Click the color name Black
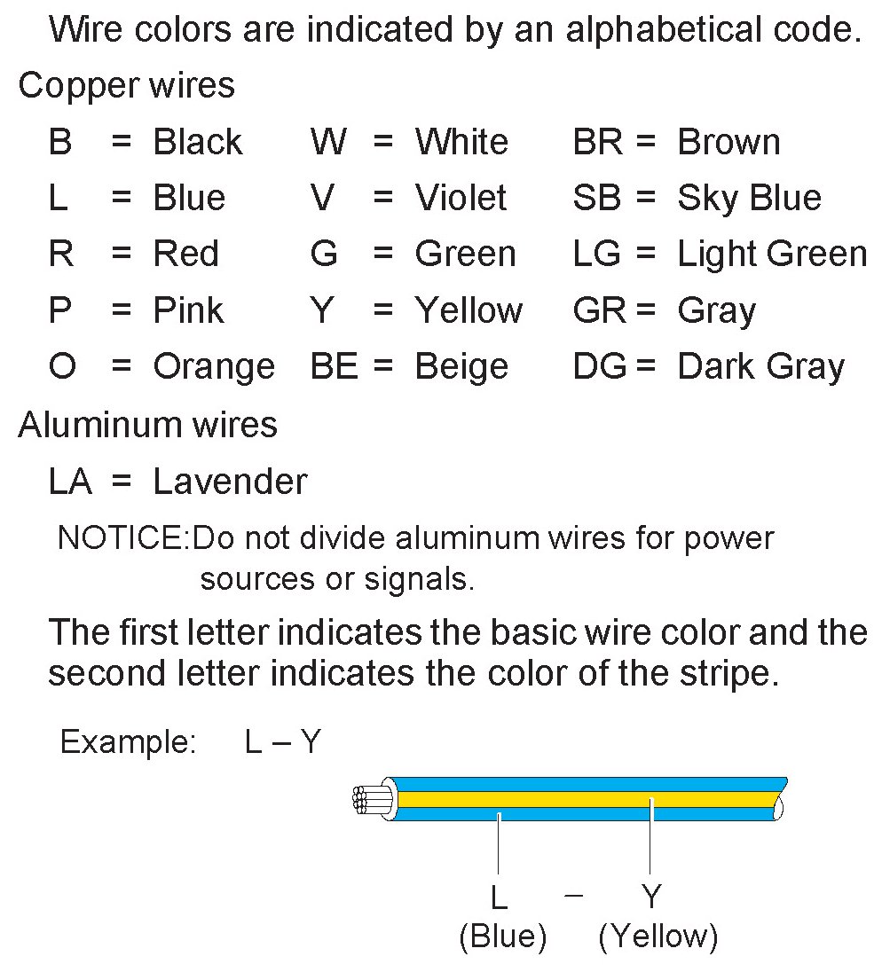coord(197,142)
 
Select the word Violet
coord(461,198)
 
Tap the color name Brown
coord(728,142)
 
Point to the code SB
coord(596,198)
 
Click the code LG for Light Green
coord(596,255)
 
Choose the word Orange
coord(214,366)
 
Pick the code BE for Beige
coord(334,366)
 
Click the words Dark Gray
coord(760,366)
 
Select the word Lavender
coord(230,482)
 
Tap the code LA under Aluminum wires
coord(70,482)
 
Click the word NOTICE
coord(122,537)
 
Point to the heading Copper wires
coord(126,85)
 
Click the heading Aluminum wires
coord(147,425)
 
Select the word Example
coord(127,741)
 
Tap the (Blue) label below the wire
coord(502,937)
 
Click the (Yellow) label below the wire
coord(658,937)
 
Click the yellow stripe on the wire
coord(586,799)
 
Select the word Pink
coord(188,310)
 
